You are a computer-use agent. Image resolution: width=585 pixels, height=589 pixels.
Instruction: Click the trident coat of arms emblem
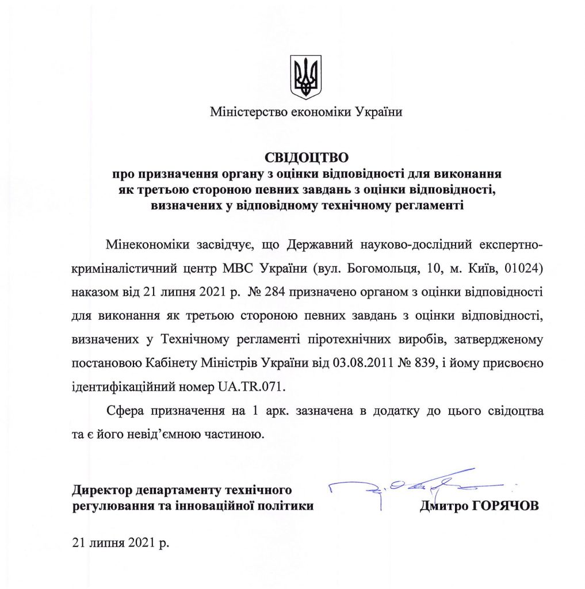(x=305, y=77)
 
